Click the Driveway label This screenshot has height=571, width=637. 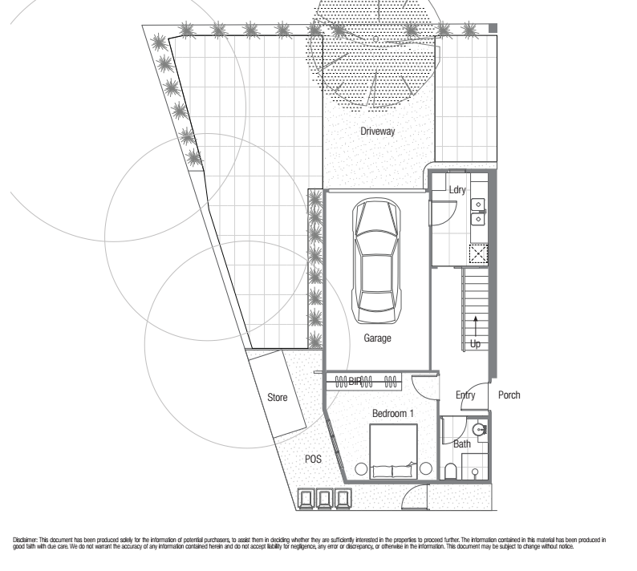(x=377, y=132)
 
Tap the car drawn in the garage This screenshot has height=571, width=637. (x=376, y=261)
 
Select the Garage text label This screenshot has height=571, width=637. (x=377, y=338)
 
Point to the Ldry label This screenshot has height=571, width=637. (x=457, y=189)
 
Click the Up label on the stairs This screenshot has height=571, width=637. (x=475, y=343)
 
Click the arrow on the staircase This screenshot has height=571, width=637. (x=475, y=326)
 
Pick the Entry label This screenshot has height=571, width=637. (x=465, y=395)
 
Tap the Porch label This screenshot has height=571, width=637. (x=509, y=395)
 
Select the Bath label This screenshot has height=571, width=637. (x=462, y=443)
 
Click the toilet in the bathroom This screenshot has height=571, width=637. (x=451, y=472)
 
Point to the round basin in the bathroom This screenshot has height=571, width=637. (x=480, y=429)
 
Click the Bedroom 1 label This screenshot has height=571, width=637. (x=393, y=414)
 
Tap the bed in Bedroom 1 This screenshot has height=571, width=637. (x=394, y=452)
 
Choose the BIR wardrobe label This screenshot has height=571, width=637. (x=355, y=382)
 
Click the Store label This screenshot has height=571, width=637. (x=278, y=397)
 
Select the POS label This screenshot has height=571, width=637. (x=313, y=459)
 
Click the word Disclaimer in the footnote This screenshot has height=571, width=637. (x=25, y=541)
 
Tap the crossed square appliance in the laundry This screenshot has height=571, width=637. (x=479, y=254)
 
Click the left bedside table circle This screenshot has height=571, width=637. (x=361, y=468)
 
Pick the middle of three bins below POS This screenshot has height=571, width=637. (x=325, y=499)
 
